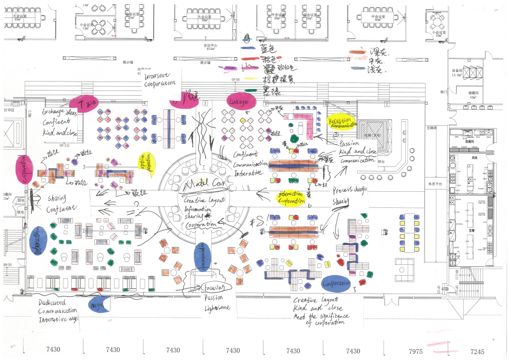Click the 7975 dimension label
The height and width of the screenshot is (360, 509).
pos(416,351)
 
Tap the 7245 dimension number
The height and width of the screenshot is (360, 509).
pos(477,351)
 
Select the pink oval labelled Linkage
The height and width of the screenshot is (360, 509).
pos(241,101)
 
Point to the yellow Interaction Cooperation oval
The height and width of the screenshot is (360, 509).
pos(291,198)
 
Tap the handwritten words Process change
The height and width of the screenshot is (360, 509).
pos(349,190)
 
